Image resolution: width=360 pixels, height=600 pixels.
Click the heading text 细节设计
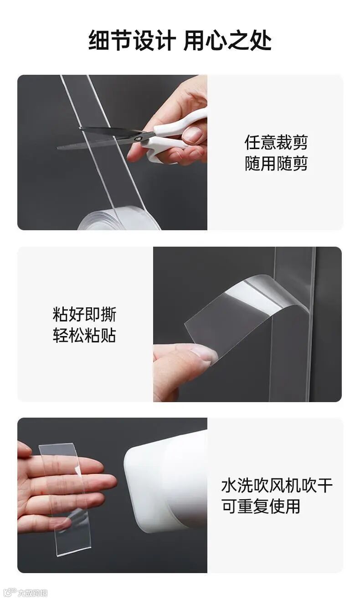click(x=132, y=40)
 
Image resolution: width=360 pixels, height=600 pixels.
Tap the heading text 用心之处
click(x=228, y=40)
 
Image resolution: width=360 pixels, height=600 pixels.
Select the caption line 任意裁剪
click(x=276, y=142)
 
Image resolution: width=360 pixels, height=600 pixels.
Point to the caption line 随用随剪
click(x=276, y=163)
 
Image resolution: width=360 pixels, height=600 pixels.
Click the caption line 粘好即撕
click(x=85, y=314)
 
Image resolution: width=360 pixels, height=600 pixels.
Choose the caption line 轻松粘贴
click(x=85, y=335)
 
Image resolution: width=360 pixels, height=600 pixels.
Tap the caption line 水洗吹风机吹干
click(x=277, y=485)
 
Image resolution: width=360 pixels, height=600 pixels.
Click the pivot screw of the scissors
click(x=139, y=139)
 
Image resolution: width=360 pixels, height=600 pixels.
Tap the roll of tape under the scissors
click(x=119, y=219)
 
